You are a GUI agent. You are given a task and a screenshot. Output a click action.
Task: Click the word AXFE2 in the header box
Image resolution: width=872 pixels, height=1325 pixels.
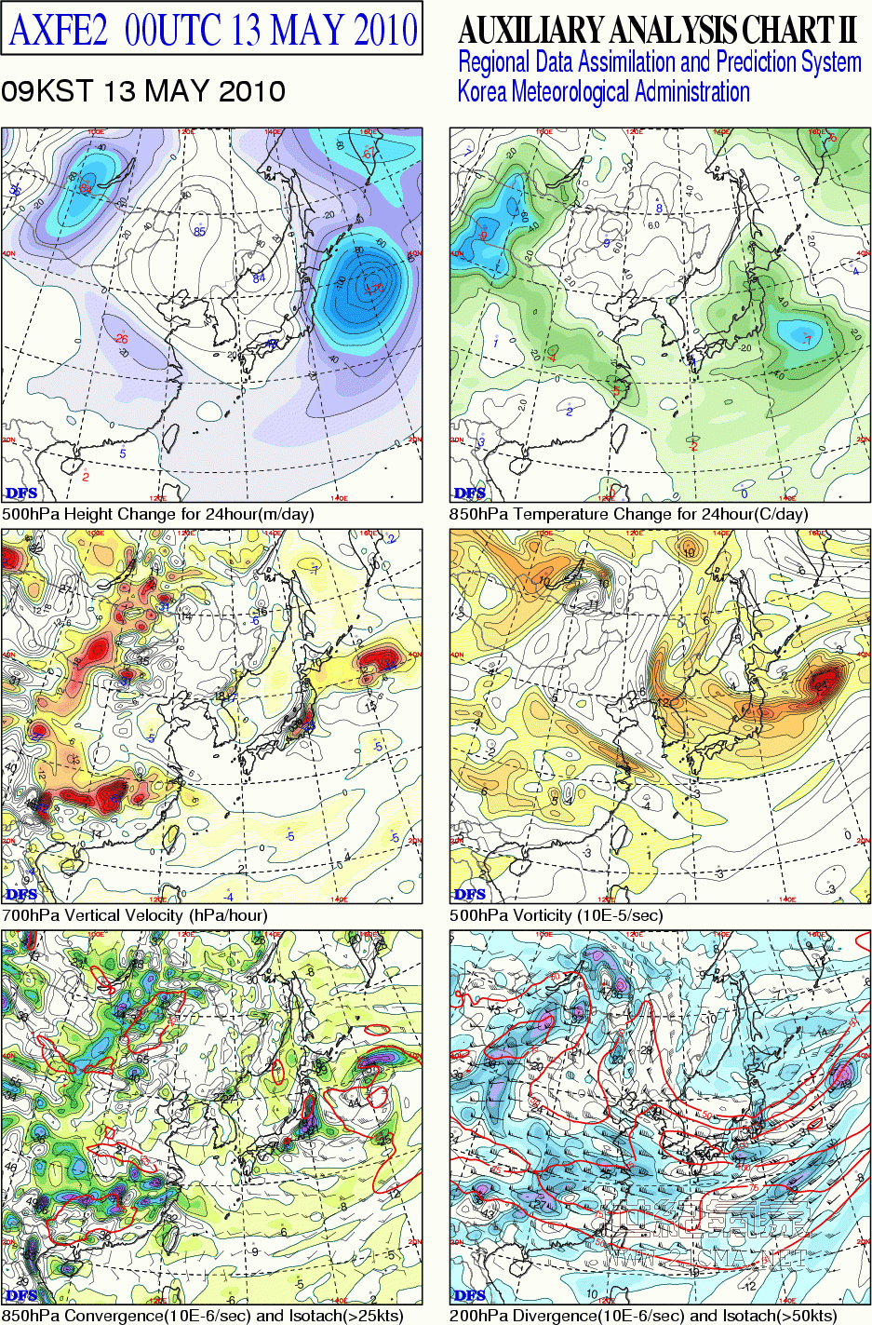58,30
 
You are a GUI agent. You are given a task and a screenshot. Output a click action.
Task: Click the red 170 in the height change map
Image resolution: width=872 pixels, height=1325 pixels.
375,289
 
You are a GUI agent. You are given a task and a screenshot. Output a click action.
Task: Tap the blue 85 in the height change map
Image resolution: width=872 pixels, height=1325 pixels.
199,231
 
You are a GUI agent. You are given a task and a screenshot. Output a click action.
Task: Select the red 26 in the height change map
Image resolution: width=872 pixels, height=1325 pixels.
121,339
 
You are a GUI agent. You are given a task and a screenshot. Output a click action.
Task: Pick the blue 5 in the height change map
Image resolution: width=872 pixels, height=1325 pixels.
123,453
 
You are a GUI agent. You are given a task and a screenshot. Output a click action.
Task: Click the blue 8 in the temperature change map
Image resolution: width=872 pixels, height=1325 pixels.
659,209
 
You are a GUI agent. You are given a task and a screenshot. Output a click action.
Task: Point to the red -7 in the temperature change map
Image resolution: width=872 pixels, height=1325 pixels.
807,339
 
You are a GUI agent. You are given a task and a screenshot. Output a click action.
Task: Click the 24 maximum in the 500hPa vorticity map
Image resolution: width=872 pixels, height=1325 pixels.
821,686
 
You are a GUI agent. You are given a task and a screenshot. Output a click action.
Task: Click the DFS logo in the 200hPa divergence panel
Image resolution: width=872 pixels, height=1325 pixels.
470,1294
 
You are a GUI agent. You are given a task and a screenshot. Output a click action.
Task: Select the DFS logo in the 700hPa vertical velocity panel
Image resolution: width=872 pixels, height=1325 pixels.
21,894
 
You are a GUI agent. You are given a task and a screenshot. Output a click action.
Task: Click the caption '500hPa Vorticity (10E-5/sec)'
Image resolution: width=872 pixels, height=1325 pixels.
556,915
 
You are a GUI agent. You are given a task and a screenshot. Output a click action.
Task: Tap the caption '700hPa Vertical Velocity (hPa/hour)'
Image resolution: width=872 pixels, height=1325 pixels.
135,915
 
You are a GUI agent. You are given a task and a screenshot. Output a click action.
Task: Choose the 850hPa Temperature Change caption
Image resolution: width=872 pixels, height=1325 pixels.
629,514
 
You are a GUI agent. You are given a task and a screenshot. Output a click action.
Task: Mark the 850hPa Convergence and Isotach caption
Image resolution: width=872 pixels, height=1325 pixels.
203,1316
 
